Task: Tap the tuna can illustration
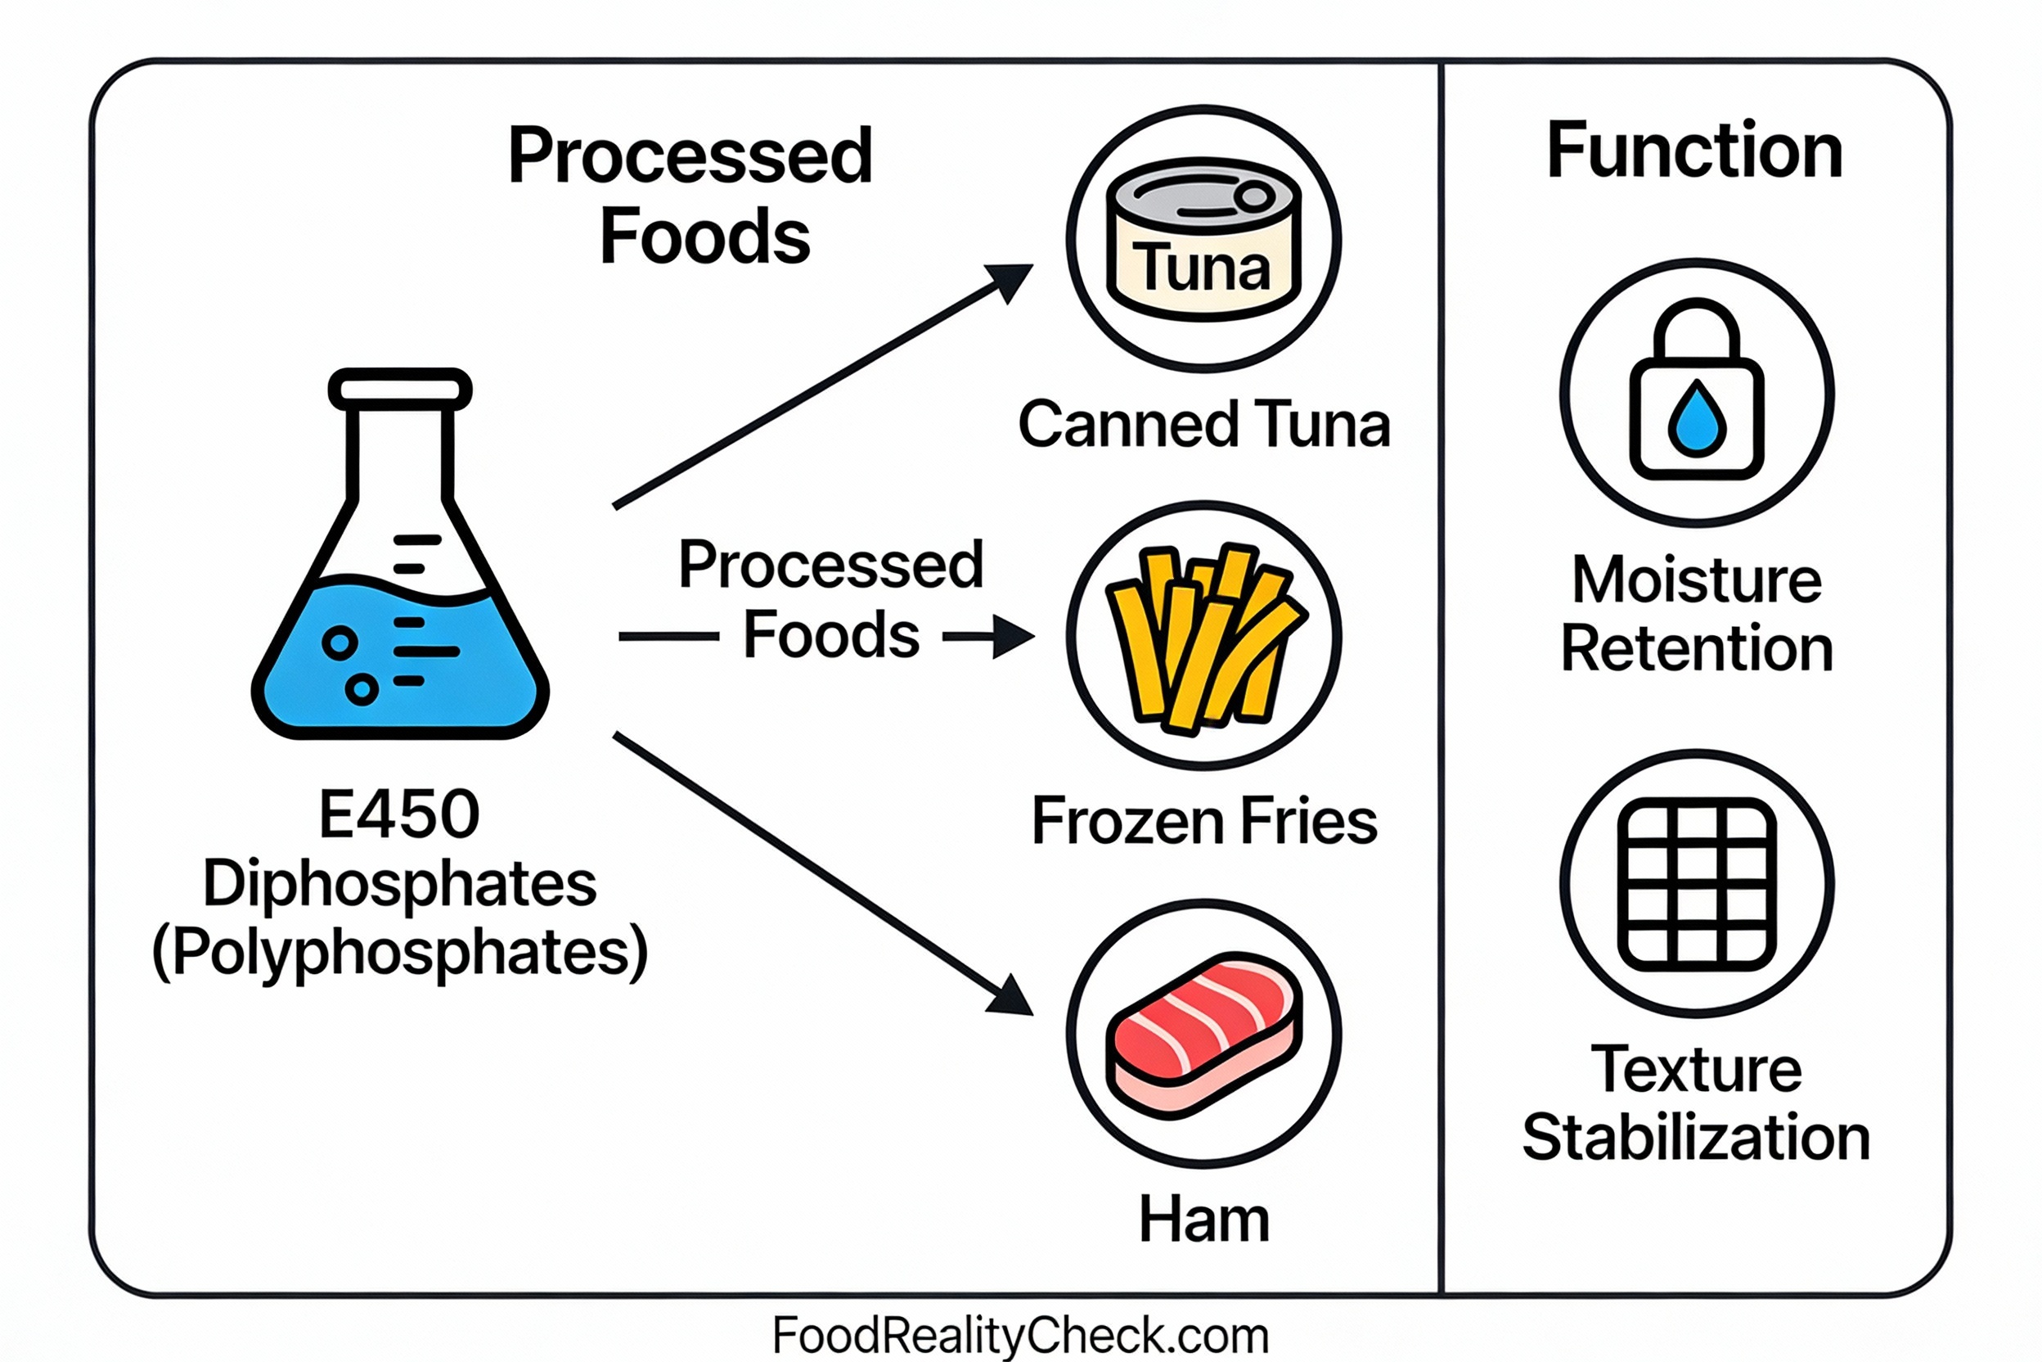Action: click(1203, 239)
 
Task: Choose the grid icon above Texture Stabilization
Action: click(1697, 883)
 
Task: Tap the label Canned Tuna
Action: click(1203, 425)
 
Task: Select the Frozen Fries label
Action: click(1203, 821)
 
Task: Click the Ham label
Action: click(1203, 1220)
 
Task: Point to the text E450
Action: click(399, 814)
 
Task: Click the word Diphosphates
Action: click(399, 883)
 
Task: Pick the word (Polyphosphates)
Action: click(399, 953)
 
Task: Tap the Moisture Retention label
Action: click(1697, 614)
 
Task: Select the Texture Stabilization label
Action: click(1697, 1103)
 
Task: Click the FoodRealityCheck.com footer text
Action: click(1020, 1334)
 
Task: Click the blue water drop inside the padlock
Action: click(1697, 419)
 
